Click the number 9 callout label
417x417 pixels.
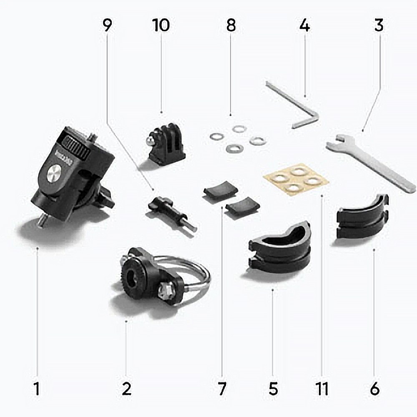[108, 25]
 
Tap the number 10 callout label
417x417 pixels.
[161, 25]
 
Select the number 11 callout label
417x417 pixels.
[322, 389]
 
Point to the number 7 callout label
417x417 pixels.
[222, 389]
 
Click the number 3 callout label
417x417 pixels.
[379, 25]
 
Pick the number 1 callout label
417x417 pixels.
[37, 389]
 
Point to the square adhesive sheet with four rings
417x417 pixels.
[296, 179]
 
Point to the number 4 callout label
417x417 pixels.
[305, 25]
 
